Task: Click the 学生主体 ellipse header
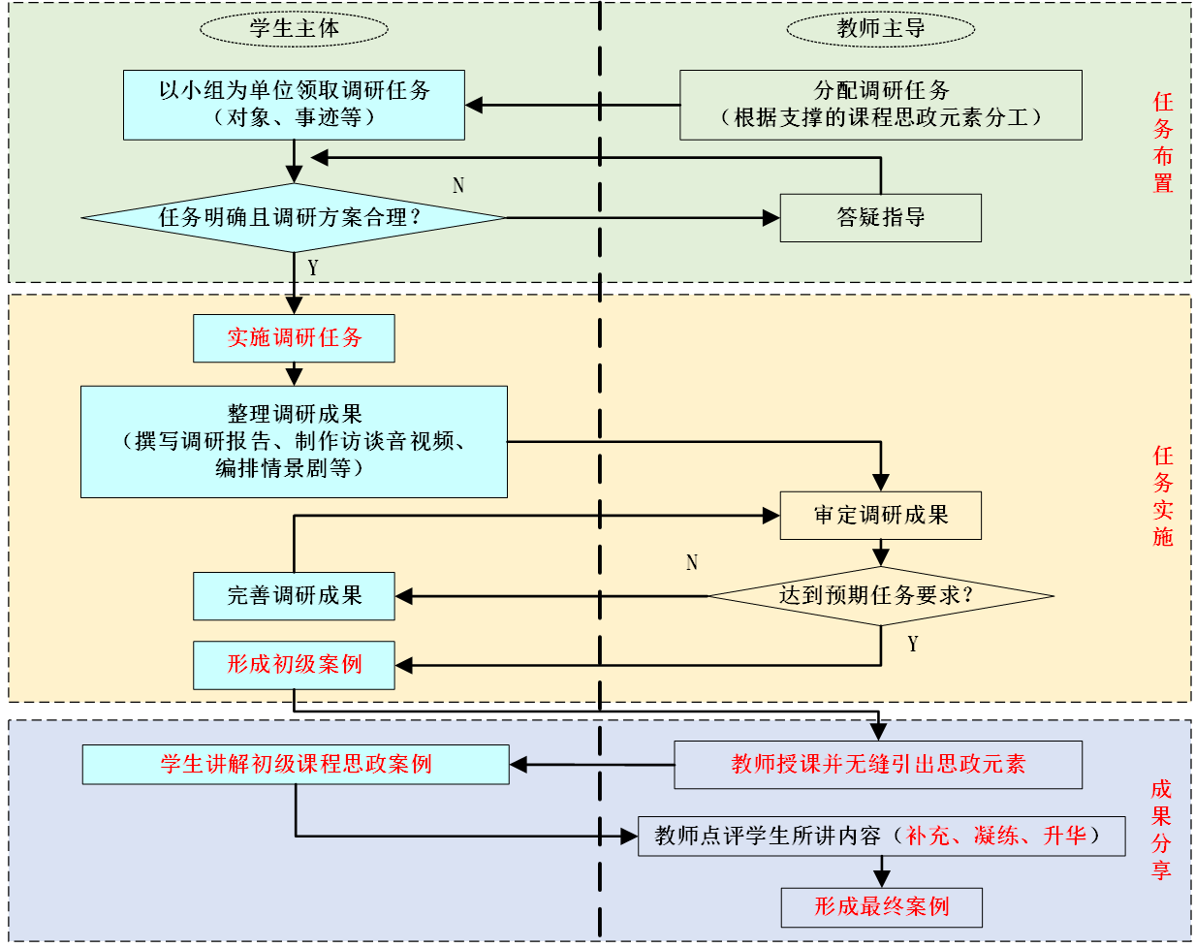(x=294, y=28)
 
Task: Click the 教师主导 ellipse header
(x=880, y=28)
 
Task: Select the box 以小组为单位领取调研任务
(x=294, y=105)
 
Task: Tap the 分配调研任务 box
(x=880, y=105)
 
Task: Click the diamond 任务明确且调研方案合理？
(x=294, y=217)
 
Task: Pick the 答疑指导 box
(x=880, y=218)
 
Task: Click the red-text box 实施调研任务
(x=294, y=338)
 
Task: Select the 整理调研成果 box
(x=294, y=442)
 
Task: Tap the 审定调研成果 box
(x=880, y=516)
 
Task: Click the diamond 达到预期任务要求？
(x=880, y=595)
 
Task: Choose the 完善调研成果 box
(x=294, y=596)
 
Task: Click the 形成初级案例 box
(x=294, y=665)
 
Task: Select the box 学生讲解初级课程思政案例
(x=296, y=765)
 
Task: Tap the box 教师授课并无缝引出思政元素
(x=878, y=765)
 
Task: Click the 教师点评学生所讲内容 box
(x=881, y=837)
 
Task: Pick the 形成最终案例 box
(x=881, y=907)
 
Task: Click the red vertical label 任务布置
(x=1162, y=142)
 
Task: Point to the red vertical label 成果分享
(x=1161, y=830)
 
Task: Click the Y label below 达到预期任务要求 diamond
(x=912, y=645)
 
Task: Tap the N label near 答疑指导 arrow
(x=458, y=185)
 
